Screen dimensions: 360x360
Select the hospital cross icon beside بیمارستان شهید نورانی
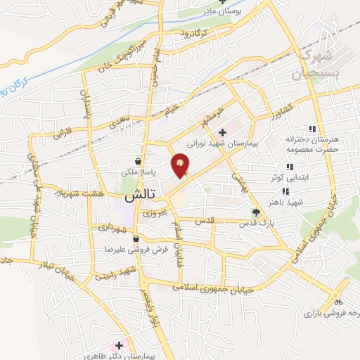click(x=222, y=131)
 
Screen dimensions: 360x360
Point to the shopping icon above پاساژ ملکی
click(x=144, y=160)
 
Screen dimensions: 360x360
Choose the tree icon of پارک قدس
click(x=256, y=212)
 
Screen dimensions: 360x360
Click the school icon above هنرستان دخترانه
click(x=311, y=129)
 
